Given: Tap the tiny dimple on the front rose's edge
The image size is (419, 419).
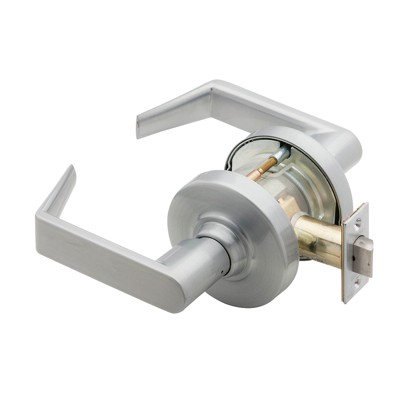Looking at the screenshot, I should coord(296,253).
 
